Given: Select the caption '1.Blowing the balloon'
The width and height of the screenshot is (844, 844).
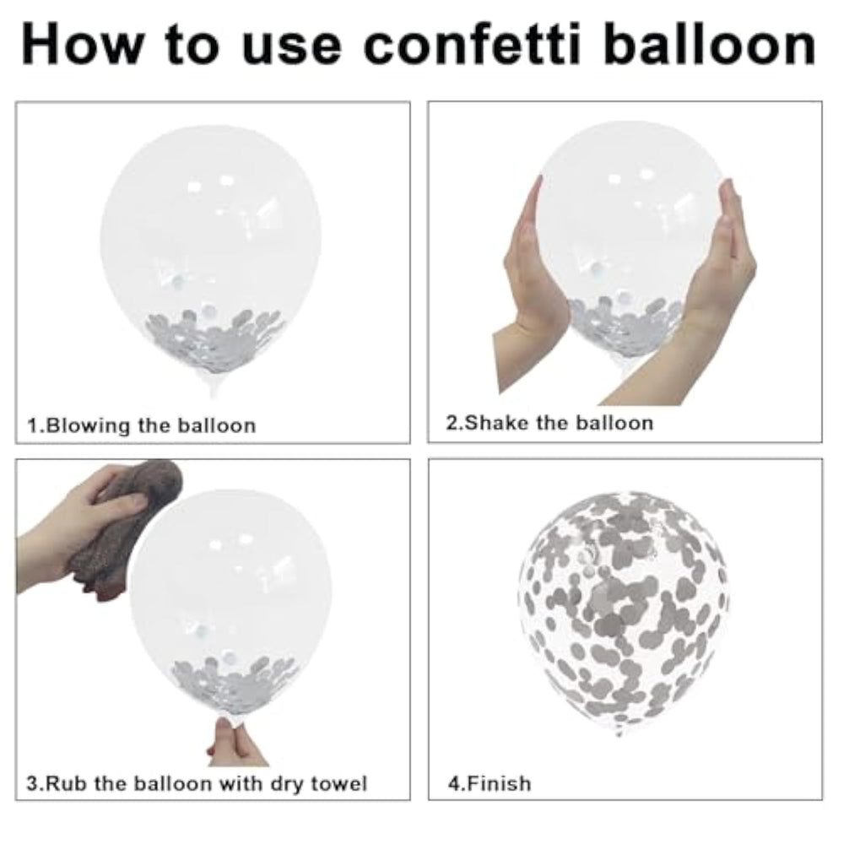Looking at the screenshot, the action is coord(142,425).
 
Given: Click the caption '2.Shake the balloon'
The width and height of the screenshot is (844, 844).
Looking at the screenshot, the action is coord(549,423).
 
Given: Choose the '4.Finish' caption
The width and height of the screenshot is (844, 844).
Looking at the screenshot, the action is coord(490,783).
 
